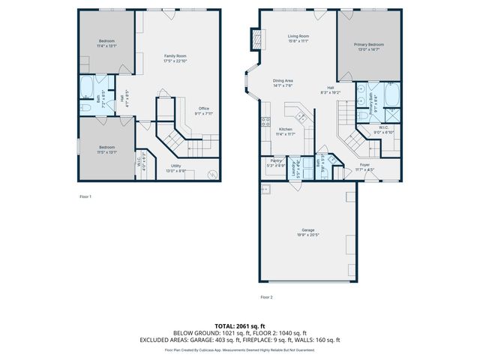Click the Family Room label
tap(175, 56)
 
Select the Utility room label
tap(175, 166)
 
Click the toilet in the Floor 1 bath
tap(85, 108)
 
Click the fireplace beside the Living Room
tap(256, 38)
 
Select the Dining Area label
tap(282, 81)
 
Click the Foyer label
tap(364, 164)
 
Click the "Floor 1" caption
tap(85, 196)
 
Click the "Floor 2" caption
tap(266, 297)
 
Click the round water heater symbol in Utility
tap(212, 175)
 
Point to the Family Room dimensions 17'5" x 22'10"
tap(175, 61)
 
